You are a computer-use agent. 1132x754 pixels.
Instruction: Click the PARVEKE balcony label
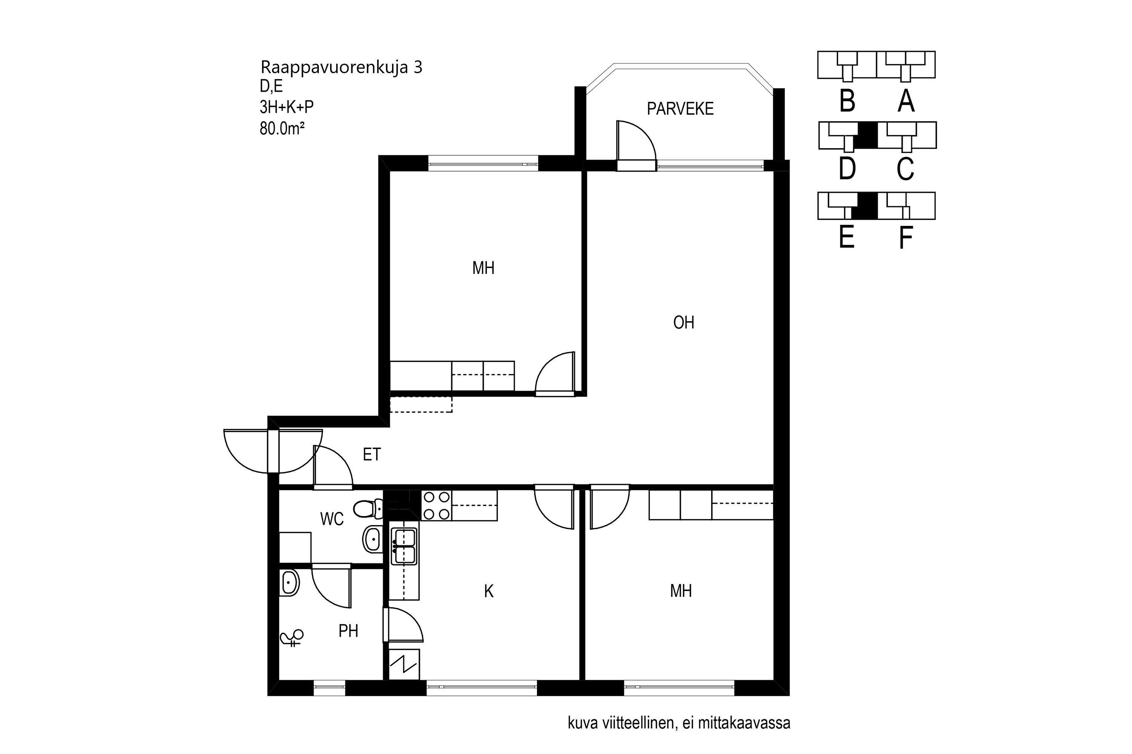click(x=680, y=109)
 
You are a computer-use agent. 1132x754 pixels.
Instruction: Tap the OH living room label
click(x=683, y=322)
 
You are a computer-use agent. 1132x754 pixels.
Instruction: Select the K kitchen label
click(x=489, y=592)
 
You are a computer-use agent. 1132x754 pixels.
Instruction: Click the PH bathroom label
click(x=348, y=631)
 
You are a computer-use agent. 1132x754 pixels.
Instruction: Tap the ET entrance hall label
click(x=372, y=454)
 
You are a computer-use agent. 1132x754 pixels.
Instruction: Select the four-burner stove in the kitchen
click(x=437, y=506)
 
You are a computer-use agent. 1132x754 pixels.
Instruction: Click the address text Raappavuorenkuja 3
click(x=341, y=67)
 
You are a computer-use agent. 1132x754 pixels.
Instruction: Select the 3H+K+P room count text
click(x=286, y=107)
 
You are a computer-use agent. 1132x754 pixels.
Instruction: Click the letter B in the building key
click(x=847, y=101)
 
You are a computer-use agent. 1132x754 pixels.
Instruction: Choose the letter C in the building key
click(x=905, y=169)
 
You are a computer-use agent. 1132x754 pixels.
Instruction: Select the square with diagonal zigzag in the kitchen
click(x=404, y=665)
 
